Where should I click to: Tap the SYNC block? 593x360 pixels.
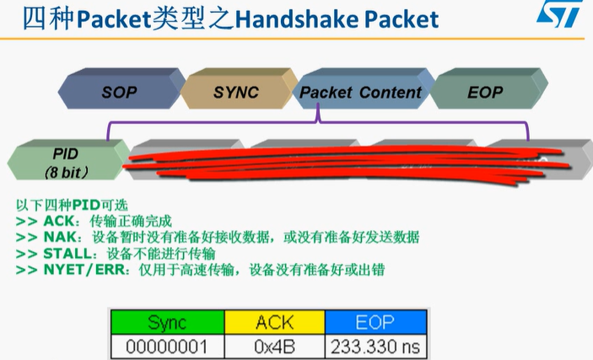[x=235, y=92]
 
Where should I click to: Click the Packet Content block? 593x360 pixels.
[x=360, y=92]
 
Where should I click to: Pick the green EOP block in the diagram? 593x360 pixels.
[x=484, y=92]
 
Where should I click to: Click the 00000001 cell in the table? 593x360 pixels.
[x=167, y=346]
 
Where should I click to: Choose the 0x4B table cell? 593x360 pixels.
[x=273, y=346]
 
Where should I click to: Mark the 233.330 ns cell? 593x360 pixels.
[x=374, y=346]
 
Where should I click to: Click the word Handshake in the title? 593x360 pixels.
[x=311, y=19]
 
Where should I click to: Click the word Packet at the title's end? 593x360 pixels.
[x=411, y=19]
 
